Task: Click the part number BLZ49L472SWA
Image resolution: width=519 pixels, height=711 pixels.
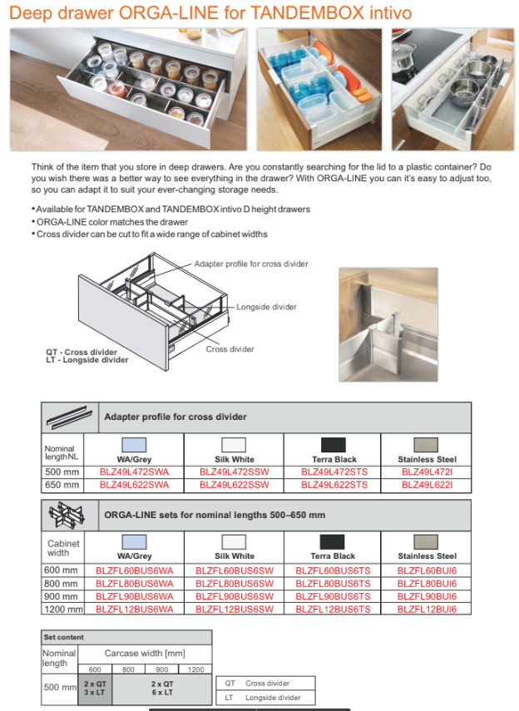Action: pos(134,472)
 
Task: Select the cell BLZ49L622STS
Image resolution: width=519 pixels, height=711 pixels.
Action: pos(334,483)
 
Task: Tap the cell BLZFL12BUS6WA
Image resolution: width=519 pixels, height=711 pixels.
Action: pos(134,610)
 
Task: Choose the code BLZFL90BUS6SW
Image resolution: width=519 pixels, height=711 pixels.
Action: pos(234,596)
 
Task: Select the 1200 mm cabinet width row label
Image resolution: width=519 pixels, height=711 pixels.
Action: pos(62,610)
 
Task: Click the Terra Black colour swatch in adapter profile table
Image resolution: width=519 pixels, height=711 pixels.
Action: pos(334,446)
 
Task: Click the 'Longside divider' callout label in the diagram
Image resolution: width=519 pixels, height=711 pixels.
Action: pos(266,307)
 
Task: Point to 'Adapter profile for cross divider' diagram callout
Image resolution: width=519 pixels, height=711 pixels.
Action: pos(251,264)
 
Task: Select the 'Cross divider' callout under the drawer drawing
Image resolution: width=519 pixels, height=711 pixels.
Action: pos(230,349)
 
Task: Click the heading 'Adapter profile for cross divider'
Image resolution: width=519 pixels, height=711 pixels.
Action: pos(175,417)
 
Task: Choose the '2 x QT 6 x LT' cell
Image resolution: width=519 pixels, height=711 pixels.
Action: pos(162,688)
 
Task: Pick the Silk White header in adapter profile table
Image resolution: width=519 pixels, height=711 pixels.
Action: pos(235,459)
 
